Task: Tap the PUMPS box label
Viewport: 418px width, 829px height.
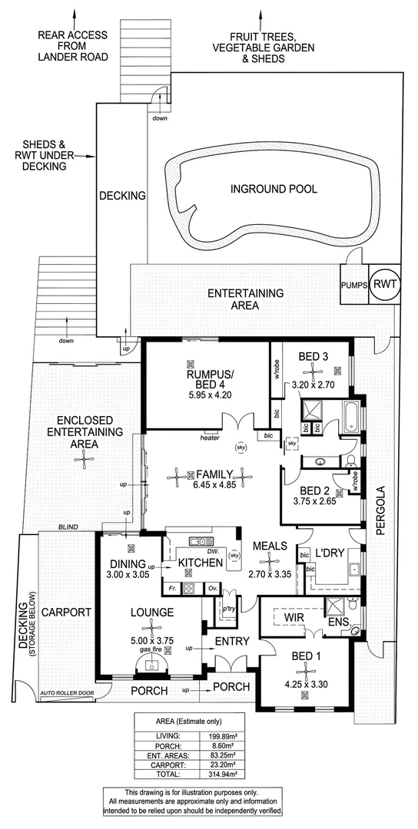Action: tap(353, 286)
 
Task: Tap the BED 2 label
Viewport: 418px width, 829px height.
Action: tap(315, 491)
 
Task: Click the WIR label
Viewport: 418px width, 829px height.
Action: tap(291, 616)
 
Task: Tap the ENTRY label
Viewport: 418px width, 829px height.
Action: tap(230, 641)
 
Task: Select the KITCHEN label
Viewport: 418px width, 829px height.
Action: tap(201, 563)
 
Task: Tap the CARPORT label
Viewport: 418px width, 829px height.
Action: tap(66, 613)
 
